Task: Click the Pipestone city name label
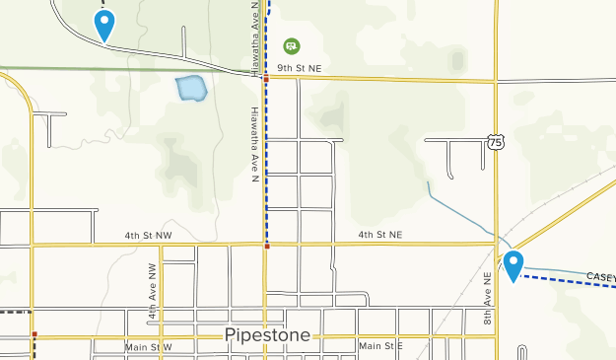tap(268, 334)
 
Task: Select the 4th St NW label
tap(148, 236)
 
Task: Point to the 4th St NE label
tap(379, 235)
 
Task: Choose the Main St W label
tap(148, 347)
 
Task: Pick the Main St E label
tap(381, 346)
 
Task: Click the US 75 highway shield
tap(495, 142)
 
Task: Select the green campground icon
tap(291, 45)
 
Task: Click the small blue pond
tap(190, 89)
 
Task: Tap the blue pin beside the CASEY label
tap(513, 264)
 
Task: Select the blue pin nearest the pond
tap(103, 24)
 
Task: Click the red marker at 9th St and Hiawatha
tap(265, 75)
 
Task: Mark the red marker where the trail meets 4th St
tap(266, 248)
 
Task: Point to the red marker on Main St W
tap(34, 334)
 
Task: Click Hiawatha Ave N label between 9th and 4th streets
tap(254, 143)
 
